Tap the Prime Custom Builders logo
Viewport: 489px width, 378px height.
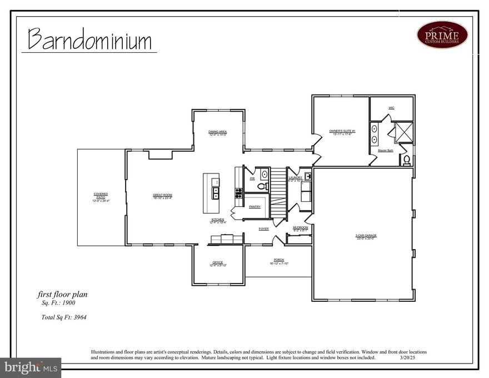[442, 34]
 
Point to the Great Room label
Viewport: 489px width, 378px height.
[163, 196]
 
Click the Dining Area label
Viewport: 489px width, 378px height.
[218, 132]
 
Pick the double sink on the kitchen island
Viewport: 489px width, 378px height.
[214, 192]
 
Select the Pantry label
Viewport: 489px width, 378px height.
[255, 207]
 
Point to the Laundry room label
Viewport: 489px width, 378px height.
[295, 178]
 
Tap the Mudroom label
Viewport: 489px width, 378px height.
[300, 228]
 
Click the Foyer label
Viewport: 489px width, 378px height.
[263, 229]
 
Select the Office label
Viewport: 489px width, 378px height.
[218, 263]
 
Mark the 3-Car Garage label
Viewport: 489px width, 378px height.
[366, 236]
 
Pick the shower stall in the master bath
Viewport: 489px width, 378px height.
[403, 132]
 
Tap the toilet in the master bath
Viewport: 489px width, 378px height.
[406, 161]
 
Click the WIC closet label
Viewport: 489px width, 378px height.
[391, 107]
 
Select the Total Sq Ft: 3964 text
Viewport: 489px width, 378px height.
[63, 317]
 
